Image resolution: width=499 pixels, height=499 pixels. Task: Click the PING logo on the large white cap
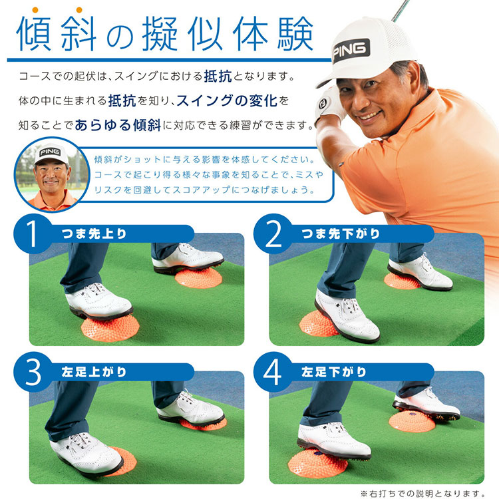[x=351, y=51]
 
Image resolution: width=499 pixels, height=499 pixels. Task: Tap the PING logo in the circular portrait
[x=50, y=152]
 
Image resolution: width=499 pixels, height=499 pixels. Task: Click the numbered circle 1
[x=33, y=234]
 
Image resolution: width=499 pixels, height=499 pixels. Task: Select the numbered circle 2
[x=273, y=234]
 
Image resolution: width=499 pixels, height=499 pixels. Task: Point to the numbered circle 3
[x=33, y=372]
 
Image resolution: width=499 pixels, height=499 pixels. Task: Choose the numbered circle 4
[x=273, y=372]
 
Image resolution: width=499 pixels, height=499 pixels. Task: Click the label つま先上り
[x=94, y=234]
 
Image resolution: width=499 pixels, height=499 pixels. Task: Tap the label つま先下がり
[x=341, y=234]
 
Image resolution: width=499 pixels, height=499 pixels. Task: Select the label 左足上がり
[x=94, y=372]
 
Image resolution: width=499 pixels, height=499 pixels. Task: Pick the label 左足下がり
[x=334, y=372]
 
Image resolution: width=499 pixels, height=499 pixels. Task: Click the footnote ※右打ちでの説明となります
[x=423, y=494]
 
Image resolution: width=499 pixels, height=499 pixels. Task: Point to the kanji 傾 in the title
[x=34, y=34]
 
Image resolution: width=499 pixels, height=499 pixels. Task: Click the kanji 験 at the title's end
[x=295, y=34]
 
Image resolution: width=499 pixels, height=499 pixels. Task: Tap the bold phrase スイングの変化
[x=227, y=100]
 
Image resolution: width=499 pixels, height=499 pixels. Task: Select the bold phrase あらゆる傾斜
[x=118, y=125]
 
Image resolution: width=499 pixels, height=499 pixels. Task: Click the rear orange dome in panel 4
[x=412, y=420]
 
